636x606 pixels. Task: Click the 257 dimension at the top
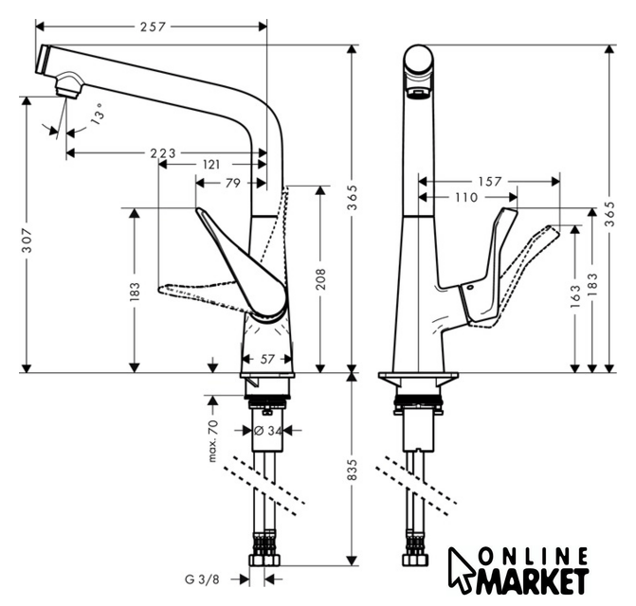[x=152, y=27]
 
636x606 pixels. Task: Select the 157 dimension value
[x=489, y=181]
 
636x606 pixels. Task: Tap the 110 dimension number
[x=465, y=197]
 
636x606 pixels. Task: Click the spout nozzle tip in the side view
[x=66, y=90]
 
